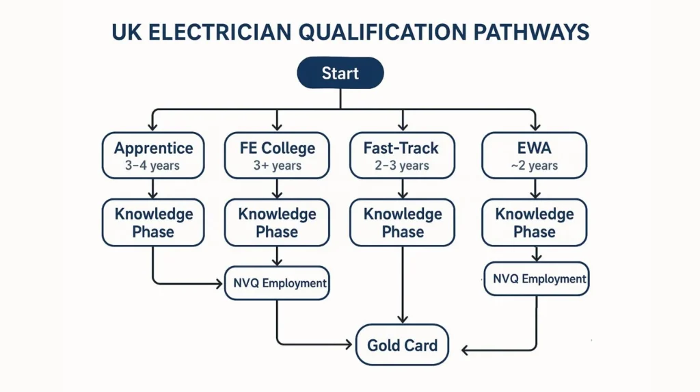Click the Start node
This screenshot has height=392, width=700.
coord(340,73)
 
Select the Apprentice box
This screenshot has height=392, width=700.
coord(153,155)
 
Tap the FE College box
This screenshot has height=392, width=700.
coord(277,155)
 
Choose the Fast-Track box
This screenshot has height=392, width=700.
coord(403,155)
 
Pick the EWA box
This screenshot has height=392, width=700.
coord(535,155)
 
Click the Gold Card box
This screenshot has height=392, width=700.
coord(402,345)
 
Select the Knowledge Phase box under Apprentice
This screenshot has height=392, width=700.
coord(153,222)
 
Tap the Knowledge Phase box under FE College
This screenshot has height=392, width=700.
coord(277,222)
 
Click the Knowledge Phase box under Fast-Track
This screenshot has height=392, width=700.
coord(403,222)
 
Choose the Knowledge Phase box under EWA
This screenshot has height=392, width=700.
coord(535,222)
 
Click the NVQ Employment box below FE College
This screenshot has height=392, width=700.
coord(277,283)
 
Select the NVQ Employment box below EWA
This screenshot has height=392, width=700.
coord(537,279)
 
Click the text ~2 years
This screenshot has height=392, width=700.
coord(535,166)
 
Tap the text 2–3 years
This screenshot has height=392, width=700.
coord(403,166)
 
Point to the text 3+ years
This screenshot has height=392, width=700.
coord(277,166)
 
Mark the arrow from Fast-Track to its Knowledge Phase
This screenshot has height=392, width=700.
coord(403,188)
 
